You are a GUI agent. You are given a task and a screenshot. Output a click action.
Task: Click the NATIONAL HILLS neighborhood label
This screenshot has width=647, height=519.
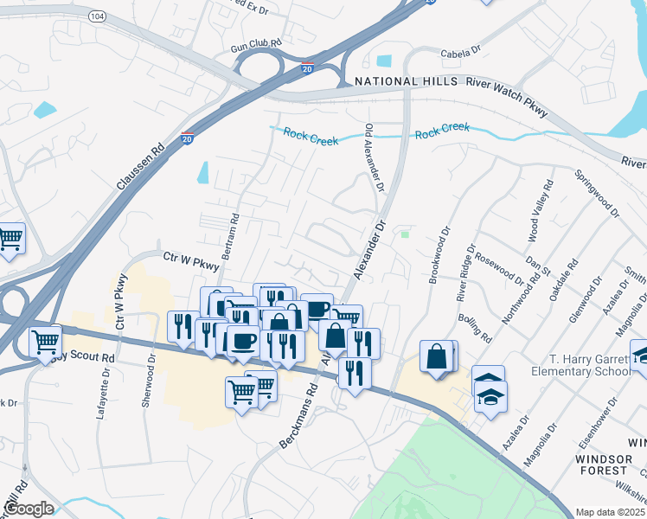coord(406,82)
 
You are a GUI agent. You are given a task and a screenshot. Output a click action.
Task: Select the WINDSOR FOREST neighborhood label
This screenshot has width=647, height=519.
coord(604,463)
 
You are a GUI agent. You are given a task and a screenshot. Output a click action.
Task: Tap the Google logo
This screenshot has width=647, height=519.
coord(29,508)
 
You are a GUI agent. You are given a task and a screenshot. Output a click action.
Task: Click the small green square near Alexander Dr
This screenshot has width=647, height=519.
coord(404,233)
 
